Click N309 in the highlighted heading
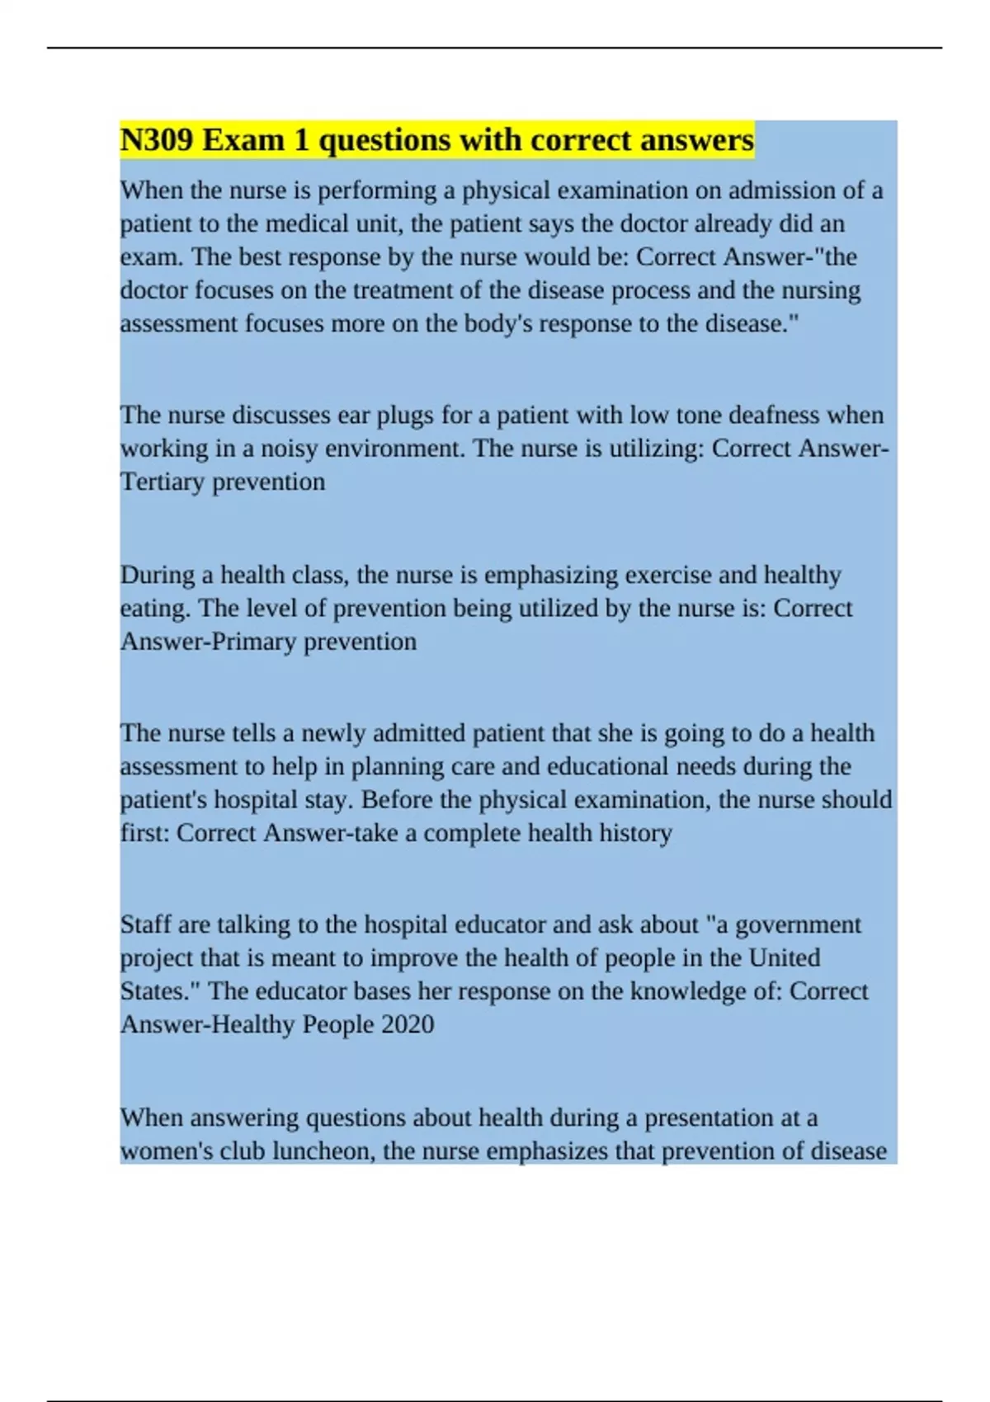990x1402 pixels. click(157, 140)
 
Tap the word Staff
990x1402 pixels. click(145, 924)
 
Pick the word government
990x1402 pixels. click(797, 924)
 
